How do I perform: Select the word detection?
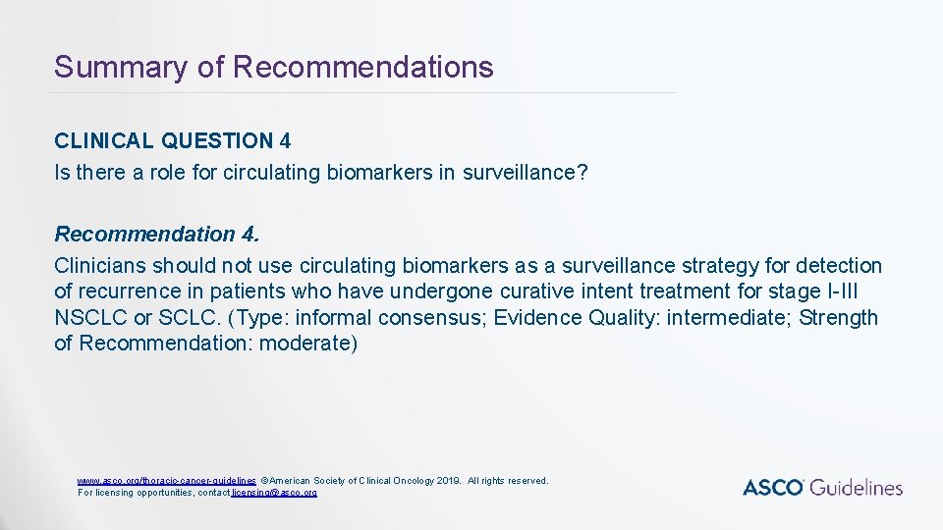[839, 266]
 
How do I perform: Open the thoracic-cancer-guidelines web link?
[167, 481]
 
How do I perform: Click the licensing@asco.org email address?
[274, 492]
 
